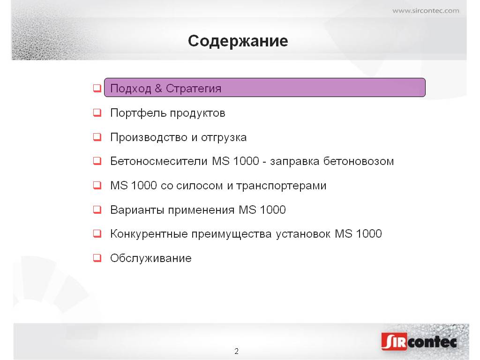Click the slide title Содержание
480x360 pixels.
(238, 41)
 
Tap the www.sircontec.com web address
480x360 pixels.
(426, 11)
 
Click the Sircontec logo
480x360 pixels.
(419, 341)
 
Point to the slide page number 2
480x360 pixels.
(236, 351)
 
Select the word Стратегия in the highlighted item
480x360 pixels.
(194, 89)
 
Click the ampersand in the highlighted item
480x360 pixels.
(158, 88)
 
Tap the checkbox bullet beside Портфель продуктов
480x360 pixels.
(97, 112)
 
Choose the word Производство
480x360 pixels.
(149, 137)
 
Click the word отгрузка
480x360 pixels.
(224, 138)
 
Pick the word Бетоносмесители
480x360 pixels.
(159, 161)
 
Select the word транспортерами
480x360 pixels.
(281, 186)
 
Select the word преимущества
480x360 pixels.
(232, 234)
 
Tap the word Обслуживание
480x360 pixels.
(150, 258)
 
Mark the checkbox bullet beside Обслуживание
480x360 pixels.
(97, 258)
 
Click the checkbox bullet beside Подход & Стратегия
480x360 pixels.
(97, 88)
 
